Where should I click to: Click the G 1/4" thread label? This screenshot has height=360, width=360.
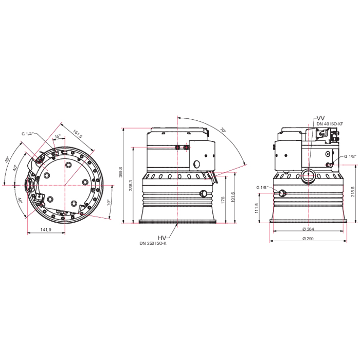[27, 134]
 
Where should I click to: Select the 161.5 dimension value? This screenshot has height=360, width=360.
[78, 134]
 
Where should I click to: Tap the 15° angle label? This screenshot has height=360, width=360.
[58, 136]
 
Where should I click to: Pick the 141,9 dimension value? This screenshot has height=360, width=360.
[45, 230]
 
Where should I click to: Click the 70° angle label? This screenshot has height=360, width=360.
[223, 130]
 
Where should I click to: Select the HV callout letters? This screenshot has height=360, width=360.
[161, 237]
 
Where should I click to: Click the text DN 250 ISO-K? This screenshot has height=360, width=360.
[154, 243]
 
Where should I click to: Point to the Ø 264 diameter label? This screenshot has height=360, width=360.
[308, 229]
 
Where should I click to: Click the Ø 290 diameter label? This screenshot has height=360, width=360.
[308, 239]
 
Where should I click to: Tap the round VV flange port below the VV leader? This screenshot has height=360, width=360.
[308, 174]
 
